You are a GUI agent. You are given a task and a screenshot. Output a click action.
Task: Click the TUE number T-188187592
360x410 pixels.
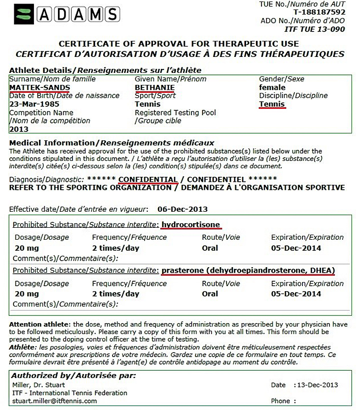(x=319, y=12)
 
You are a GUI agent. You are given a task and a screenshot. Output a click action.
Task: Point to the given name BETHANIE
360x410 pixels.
(x=154, y=87)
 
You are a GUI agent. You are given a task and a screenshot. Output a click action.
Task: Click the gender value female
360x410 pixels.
(x=272, y=87)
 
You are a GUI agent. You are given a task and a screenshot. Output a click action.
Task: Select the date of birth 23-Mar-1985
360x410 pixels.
(x=34, y=104)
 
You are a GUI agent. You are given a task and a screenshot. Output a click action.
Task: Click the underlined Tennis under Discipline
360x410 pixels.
(x=272, y=104)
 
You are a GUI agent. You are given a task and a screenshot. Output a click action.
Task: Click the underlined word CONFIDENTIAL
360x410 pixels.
(x=148, y=179)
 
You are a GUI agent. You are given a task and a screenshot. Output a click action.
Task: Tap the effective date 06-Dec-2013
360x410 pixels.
(x=182, y=209)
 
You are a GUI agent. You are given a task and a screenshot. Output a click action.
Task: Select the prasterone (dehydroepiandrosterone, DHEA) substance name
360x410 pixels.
(x=248, y=270)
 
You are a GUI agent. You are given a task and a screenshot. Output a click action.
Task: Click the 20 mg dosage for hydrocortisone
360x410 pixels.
(x=26, y=248)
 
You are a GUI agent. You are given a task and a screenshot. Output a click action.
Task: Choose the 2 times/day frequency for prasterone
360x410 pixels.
(x=115, y=294)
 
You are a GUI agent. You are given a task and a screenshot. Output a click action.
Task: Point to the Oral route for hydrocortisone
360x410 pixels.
(x=209, y=248)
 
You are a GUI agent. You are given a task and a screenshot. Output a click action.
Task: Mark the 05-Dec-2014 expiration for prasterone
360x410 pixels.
(x=296, y=294)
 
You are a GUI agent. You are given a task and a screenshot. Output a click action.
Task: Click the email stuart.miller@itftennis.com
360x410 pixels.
(x=54, y=401)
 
